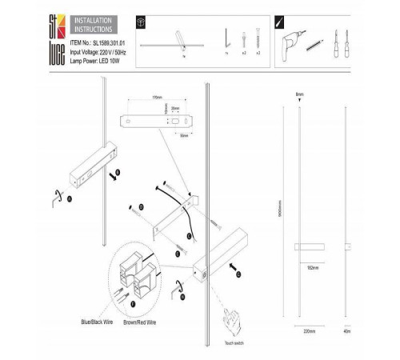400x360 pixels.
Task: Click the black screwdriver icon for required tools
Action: [x=279, y=22]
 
